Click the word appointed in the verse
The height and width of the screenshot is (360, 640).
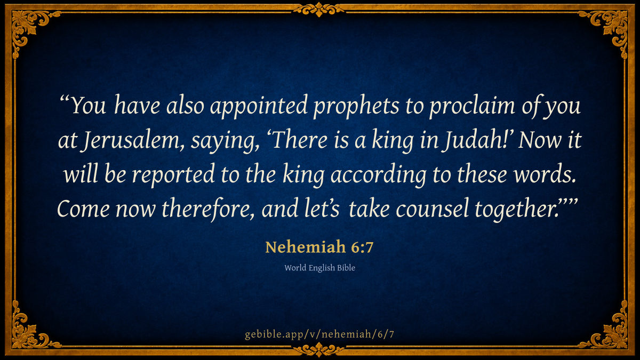259,106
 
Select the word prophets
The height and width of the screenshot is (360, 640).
356,106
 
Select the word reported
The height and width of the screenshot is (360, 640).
173,175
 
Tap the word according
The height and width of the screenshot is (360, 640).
379,175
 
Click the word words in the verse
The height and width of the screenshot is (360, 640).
545,174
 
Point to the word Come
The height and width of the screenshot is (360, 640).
83,209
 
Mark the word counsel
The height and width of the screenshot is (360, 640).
433,209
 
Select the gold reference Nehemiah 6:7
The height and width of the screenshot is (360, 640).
319,247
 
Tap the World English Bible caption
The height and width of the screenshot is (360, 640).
319,268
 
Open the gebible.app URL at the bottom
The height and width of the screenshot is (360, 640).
319,334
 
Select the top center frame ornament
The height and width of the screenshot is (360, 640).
319,10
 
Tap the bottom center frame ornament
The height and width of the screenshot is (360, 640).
319,350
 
